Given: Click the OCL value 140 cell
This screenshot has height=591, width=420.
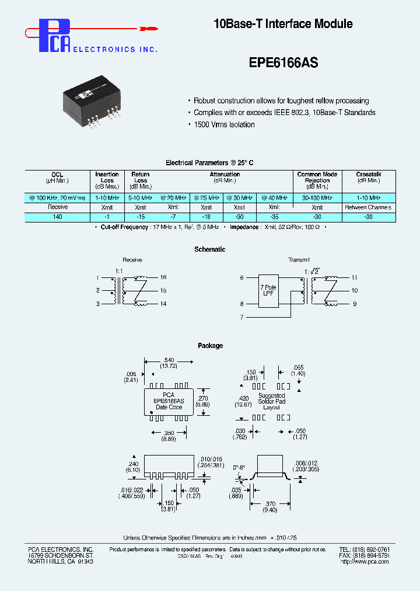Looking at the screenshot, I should point(57,217).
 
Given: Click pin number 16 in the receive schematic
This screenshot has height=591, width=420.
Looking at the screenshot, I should point(163,277).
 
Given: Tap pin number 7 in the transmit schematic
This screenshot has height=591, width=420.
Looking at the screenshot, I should point(242,317).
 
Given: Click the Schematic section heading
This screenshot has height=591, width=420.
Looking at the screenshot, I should point(210,249).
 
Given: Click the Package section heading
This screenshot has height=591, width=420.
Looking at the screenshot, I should point(210,346).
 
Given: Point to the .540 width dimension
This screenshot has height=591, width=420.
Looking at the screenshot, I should point(169,360).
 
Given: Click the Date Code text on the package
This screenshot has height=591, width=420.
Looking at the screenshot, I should point(169,407).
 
